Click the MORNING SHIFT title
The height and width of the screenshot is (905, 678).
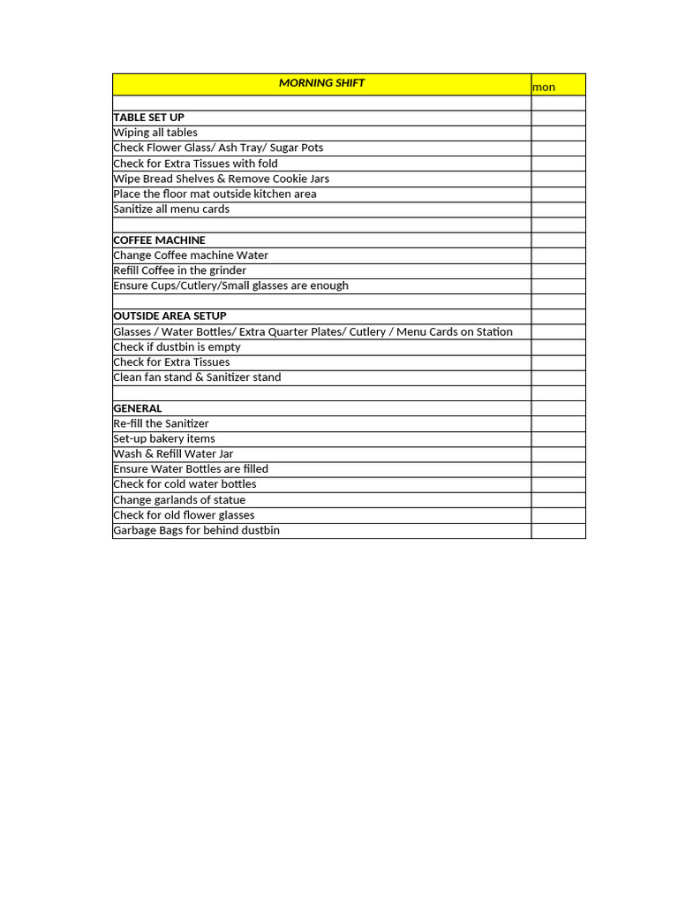(x=321, y=83)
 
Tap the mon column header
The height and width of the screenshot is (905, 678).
(x=544, y=87)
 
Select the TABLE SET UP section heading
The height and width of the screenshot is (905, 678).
(x=148, y=118)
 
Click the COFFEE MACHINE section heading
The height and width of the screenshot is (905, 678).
(x=159, y=240)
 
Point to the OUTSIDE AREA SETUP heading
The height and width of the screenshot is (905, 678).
(x=169, y=316)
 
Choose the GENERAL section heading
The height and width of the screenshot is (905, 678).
(x=138, y=408)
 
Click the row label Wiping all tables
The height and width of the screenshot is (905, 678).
(x=155, y=133)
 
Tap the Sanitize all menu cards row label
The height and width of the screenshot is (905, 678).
(x=171, y=209)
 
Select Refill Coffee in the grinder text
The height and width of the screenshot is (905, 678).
(x=179, y=270)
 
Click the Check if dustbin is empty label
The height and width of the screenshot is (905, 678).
(x=177, y=347)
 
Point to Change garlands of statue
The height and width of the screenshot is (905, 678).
(x=179, y=500)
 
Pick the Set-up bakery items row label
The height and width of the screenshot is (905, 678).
(x=164, y=439)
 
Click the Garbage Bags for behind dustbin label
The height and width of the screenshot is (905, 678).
(x=196, y=530)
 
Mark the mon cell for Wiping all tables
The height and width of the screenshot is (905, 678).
(x=558, y=133)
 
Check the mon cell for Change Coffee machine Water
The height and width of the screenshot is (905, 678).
(x=558, y=255)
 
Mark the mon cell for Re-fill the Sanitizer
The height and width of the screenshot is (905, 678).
(x=558, y=423)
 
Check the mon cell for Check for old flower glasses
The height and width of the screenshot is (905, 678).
(x=558, y=515)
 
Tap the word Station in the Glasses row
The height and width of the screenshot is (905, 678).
(x=493, y=332)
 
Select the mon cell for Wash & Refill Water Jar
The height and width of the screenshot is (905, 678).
(x=558, y=454)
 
